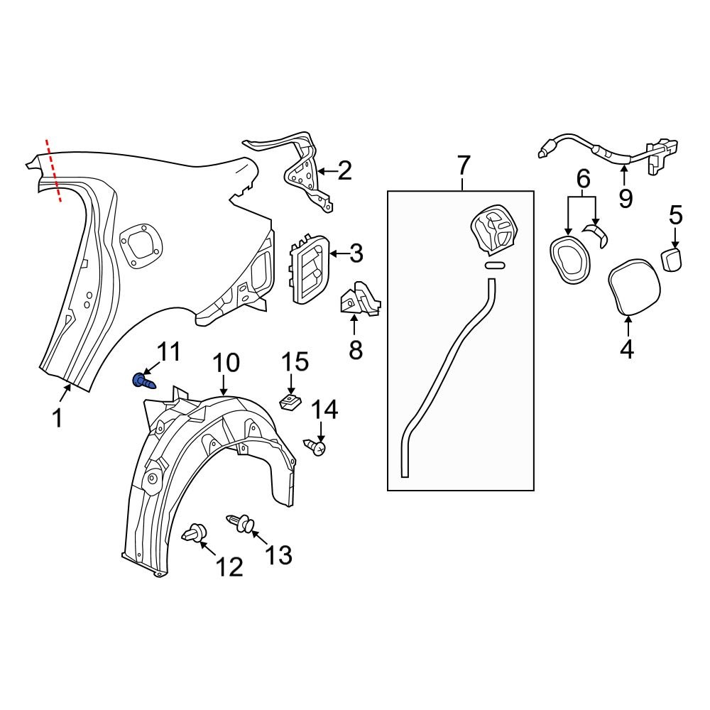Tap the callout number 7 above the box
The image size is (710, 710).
(462, 166)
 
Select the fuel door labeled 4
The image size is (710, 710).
(635, 286)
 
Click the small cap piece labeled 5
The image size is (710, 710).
(672, 258)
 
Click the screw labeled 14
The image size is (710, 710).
(315, 447)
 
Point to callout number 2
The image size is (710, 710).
(344, 171)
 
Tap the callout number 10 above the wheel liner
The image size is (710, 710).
(226, 364)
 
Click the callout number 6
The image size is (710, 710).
(582, 180)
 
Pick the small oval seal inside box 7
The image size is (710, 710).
(495, 266)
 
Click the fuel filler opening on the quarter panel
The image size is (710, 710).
(141, 246)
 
